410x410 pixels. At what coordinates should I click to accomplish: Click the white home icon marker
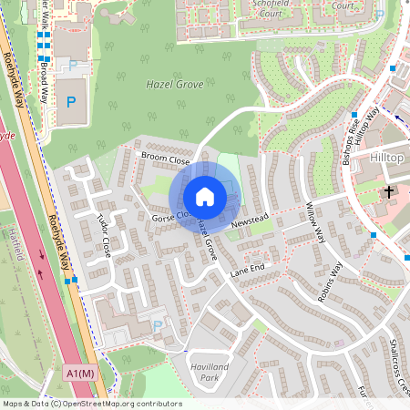[205, 197]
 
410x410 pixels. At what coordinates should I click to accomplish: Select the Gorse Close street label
[169, 217]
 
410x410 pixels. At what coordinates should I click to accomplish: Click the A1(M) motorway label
[80, 374]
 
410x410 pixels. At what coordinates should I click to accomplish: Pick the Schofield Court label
[269, 8]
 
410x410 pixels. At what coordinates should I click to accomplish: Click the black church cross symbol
[389, 192]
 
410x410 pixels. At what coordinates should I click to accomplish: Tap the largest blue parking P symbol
[70, 101]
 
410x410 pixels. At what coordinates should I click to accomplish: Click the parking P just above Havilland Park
[158, 325]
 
